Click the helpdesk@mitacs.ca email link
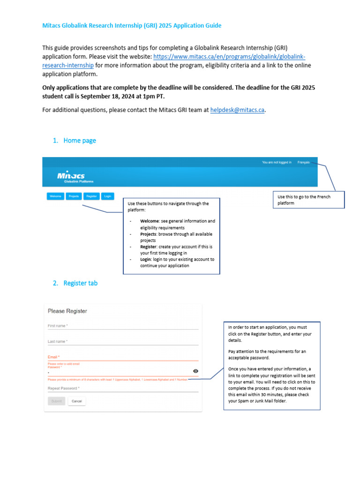coord(238,110)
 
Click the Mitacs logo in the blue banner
coord(71,176)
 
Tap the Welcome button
coord(55,196)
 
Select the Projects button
coord(73,196)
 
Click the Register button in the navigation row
coord(91,196)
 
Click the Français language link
coord(303,163)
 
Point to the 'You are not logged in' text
coord(277,163)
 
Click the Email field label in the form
coord(53,357)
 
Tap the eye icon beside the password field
coord(195,371)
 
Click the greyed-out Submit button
coord(56,401)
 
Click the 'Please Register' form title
coord(67,311)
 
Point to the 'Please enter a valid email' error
coord(64,364)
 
